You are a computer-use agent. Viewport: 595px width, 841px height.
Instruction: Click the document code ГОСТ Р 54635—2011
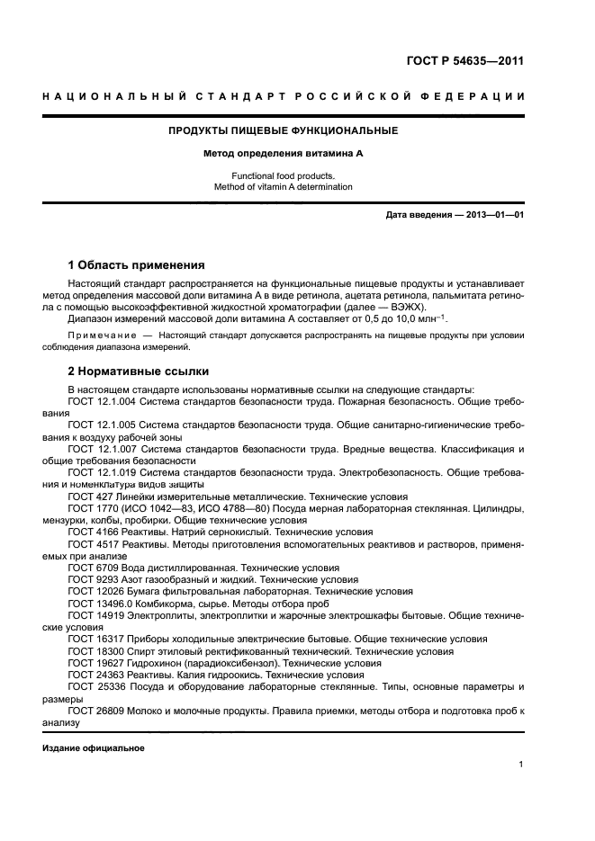click(x=476, y=61)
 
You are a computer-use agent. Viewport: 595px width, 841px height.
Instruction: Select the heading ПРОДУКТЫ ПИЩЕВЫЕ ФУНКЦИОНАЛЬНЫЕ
click(x=284, y=130)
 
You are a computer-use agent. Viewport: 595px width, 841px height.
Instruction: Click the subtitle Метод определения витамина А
click(x=284, y=154)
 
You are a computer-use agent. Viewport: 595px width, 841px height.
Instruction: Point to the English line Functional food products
click(x=284, y=175)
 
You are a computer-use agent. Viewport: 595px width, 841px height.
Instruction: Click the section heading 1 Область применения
click(x=136, y=265)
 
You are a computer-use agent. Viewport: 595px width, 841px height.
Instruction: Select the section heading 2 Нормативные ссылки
click(x=138, y=371)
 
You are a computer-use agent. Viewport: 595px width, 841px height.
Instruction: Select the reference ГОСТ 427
click(x=86, y=497)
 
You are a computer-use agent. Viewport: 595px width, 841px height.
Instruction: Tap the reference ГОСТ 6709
click(x=88, y=568)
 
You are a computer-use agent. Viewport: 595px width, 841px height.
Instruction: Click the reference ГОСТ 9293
click(x=88, y=580)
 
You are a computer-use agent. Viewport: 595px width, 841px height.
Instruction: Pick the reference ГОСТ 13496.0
click(x=95, y=604)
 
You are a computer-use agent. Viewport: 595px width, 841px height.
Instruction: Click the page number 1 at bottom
click(x=521, y=765)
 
